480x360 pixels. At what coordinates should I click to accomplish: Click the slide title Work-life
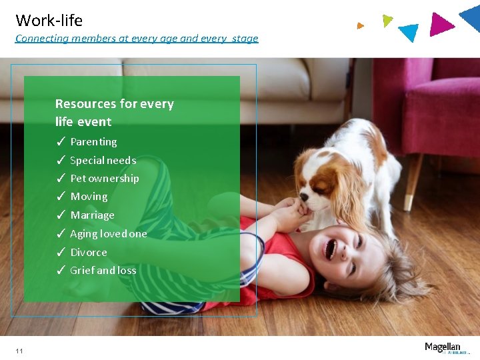coord(49,21)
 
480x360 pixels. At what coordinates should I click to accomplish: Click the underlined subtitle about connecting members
coord(137,38)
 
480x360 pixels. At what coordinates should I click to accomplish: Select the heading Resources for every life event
coord(114,113)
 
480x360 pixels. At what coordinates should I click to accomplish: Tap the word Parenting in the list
coord(93,142)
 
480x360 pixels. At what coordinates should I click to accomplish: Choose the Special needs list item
coord(103,160)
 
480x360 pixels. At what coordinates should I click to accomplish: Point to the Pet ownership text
coord(105,179)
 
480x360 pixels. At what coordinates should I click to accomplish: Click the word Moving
coord(89,197)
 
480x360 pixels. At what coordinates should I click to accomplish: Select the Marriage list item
coord(92,215)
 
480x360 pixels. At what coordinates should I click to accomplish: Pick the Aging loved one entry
coord(108,234)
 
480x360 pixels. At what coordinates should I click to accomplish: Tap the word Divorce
coord(89,253)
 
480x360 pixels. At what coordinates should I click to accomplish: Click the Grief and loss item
coord(103,271)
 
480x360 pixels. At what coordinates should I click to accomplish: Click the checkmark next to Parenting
coord(60,142)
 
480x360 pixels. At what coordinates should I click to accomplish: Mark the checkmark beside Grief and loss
coord(60,271)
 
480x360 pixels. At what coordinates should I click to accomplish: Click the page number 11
coord(19,351)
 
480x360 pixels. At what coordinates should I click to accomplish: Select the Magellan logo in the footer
coord(443,347)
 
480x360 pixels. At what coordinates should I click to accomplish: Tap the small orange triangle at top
coord(360,26)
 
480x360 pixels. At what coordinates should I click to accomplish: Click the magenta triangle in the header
coord(440,25)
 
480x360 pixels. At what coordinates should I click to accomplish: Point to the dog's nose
coord(304,197)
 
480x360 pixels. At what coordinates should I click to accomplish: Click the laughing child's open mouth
coord(329,249)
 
